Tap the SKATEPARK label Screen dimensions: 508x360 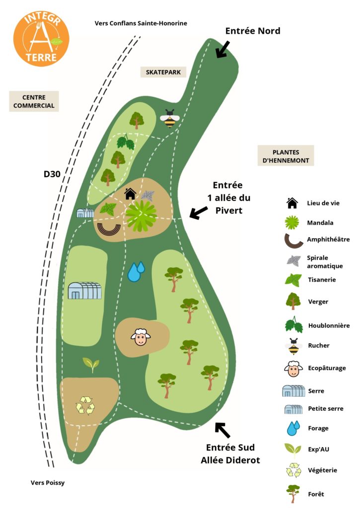click(x=163, y=72)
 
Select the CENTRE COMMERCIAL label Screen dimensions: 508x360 click(x=34, y=101)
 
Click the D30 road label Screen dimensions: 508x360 click(x=52, y=174)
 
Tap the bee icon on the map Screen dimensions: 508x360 click(x=170, y=118)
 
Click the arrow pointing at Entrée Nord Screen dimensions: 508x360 click(x=222, y=49)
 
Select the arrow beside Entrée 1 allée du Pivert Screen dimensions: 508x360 click(x=199, y=213)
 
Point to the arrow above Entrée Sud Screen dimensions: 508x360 click(x=222, y=430)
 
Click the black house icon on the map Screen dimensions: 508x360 click(x=130, y=193)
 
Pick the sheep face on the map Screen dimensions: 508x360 click(x=141, y=337)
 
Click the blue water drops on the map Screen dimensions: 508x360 click(x=136, y=272)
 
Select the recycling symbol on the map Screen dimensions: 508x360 click(x=85, y=405)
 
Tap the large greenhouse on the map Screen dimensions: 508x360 click(x=84, y=290)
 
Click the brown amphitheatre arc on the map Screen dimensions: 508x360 click(x=109, y=229)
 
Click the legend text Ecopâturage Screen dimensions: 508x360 click(x=326, y=368)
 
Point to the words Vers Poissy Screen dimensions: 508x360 click(x=48, y=483)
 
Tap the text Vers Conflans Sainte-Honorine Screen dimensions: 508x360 click(x=141, y=23)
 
